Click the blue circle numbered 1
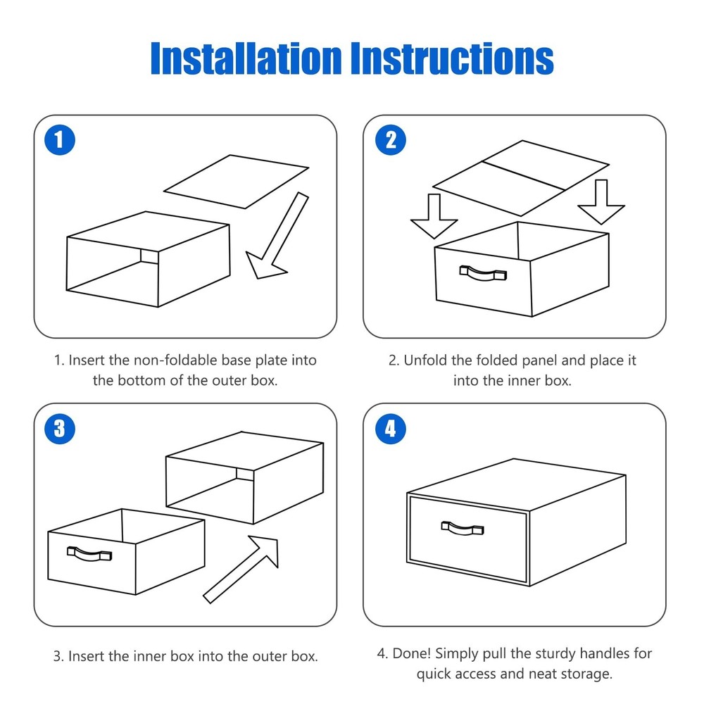pos(60,140)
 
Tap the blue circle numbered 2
pos(391,140)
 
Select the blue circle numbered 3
pos(60,429)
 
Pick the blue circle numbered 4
pos(391,429)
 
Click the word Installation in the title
pos(246,58)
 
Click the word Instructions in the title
pos(452,58)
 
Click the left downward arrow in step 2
pos(434,216)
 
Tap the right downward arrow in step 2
pos(601,201)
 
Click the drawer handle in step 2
pos(483,274)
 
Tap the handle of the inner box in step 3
pos(89,554)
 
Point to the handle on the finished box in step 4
pos(463,529)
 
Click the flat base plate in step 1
pos(236,182)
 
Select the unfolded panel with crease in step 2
pos(521,178)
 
